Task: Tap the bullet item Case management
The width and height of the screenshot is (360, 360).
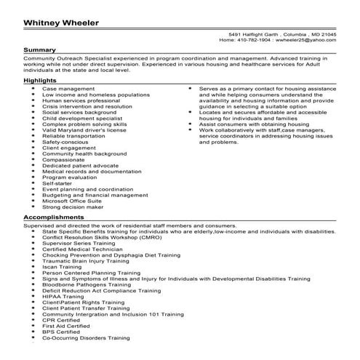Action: point(68,88)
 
